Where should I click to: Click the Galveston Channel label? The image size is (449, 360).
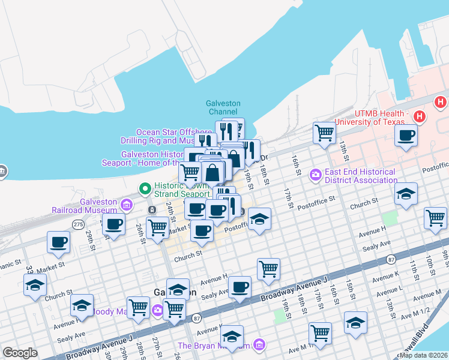coord(223,107)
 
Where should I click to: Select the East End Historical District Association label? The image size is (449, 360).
coord(360,175)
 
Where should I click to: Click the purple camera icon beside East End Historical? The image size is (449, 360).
coord(315,175)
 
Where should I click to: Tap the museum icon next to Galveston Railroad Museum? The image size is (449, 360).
coord(127,206)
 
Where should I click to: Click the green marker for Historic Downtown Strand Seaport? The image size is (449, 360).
coord(145,189)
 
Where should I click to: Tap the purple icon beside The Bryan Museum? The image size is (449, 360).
coord(259,345)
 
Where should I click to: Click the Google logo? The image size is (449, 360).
coord(20,353)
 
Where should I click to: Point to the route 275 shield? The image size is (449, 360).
coord(78,224)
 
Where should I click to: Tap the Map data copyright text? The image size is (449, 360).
coord(423,355)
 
